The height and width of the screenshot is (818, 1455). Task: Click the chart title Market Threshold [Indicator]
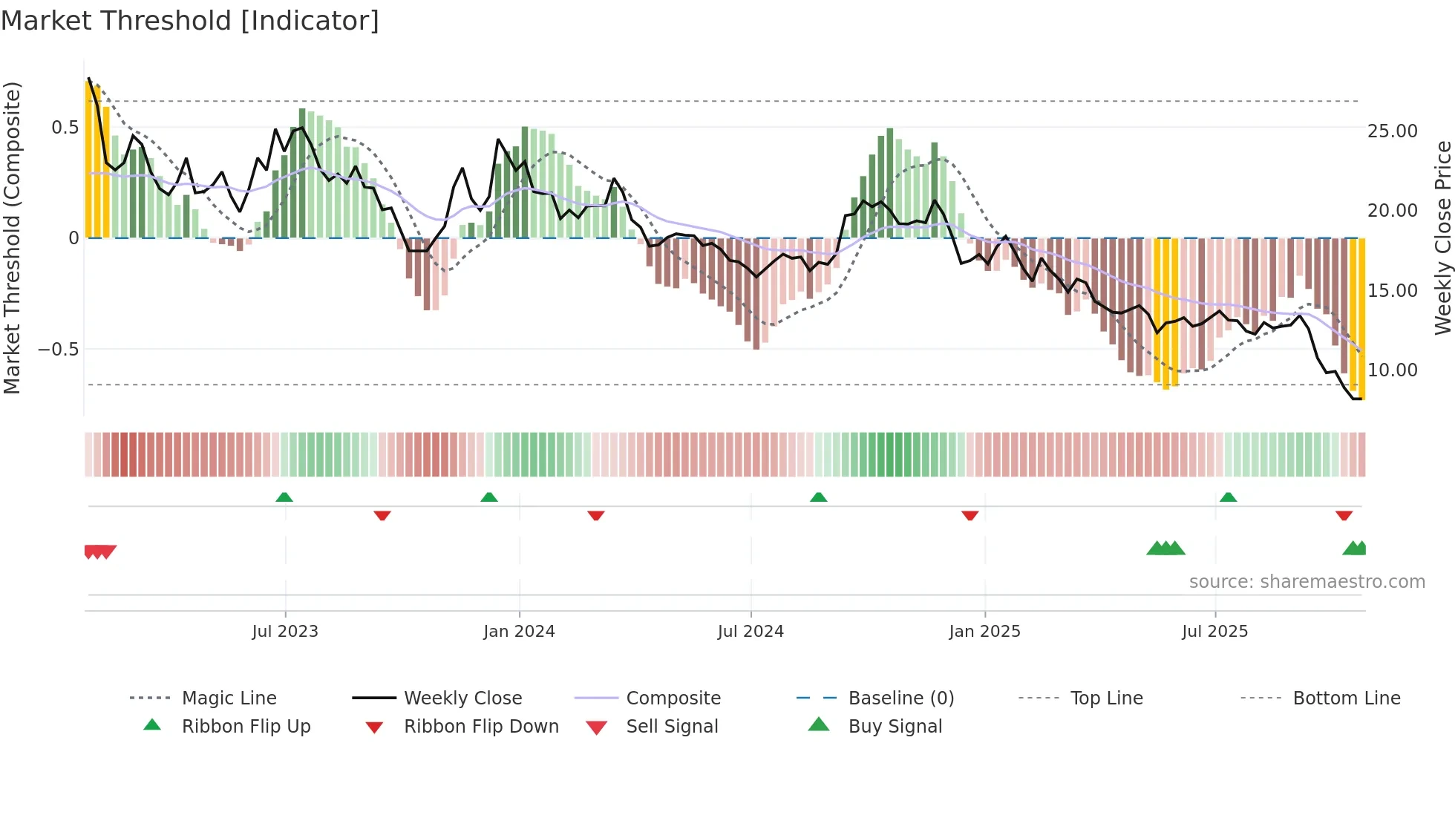click(x=190, y=21)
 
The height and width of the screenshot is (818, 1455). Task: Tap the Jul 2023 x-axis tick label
click(x=285, y=632)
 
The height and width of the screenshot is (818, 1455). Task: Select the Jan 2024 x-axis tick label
click(x=519, y=632)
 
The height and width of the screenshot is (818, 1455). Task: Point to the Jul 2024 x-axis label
click(x=751, y=632)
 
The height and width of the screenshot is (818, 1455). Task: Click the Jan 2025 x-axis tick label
click(x=984, y=632)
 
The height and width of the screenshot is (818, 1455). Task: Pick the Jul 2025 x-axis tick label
click(x=1215, y=632)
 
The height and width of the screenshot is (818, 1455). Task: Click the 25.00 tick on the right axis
click(x=1392, y=131)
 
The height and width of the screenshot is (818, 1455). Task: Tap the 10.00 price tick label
click(x=1392, y=370)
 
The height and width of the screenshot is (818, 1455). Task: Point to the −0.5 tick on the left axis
click(x=58, y=350)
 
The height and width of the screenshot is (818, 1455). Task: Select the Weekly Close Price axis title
click(x=1442, y=238)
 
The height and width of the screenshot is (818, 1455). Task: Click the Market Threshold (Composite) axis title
click(x=12, y=238)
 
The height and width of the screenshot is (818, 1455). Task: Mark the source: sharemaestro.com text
click(x=1307, y=582)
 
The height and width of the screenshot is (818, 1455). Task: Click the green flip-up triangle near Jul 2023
click(x=284, y=497)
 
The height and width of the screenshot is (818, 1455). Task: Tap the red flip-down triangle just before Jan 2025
click(x=970, y=515)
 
